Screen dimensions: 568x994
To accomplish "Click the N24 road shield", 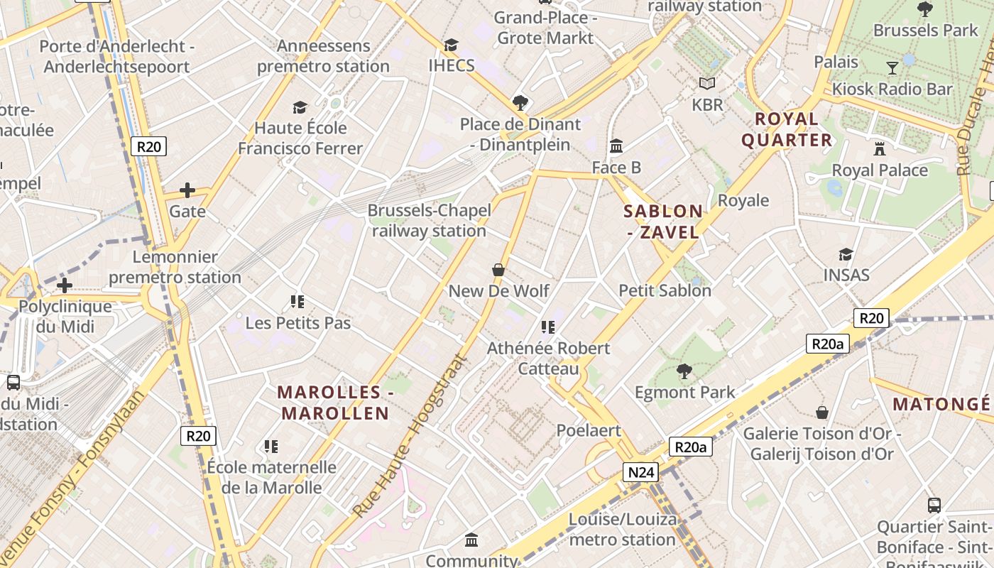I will click(x=642, y=472).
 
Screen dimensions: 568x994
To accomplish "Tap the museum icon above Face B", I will click(x=616, y=146).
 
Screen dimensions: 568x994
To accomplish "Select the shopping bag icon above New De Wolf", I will click(x=498, y=270).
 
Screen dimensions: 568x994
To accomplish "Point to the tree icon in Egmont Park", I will click(x=684, y=371).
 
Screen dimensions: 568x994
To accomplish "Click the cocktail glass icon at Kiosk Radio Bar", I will click(x=892, y=68).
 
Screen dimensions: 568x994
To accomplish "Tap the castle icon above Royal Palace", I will click(x=880, y=149).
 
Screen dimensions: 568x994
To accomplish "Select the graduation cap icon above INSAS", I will click(x=846, y=254).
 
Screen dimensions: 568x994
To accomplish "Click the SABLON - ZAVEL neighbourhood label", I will click(x=663, y=222).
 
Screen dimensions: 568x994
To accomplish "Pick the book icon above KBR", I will click(x=707, y=84).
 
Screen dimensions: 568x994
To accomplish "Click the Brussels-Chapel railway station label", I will click(x=429, y=221).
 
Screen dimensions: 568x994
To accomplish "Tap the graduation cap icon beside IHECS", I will click(x=451, y=45).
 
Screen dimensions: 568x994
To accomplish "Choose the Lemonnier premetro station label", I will click(x=175, y=267).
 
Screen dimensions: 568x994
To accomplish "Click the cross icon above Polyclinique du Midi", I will click(x=65, y=286).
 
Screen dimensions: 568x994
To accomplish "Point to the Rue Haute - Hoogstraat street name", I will click(x=412, y=435).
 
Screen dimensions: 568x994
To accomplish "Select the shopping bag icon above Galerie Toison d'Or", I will click(x=822, y=413).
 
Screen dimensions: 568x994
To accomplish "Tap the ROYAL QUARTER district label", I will click(x=787, y=129).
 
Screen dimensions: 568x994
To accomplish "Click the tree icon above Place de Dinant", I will click(x=520, y=103).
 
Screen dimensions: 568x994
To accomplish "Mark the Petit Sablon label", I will click(x=665, y=290).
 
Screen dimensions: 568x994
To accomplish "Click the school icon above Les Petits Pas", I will click(x=297, y=302).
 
